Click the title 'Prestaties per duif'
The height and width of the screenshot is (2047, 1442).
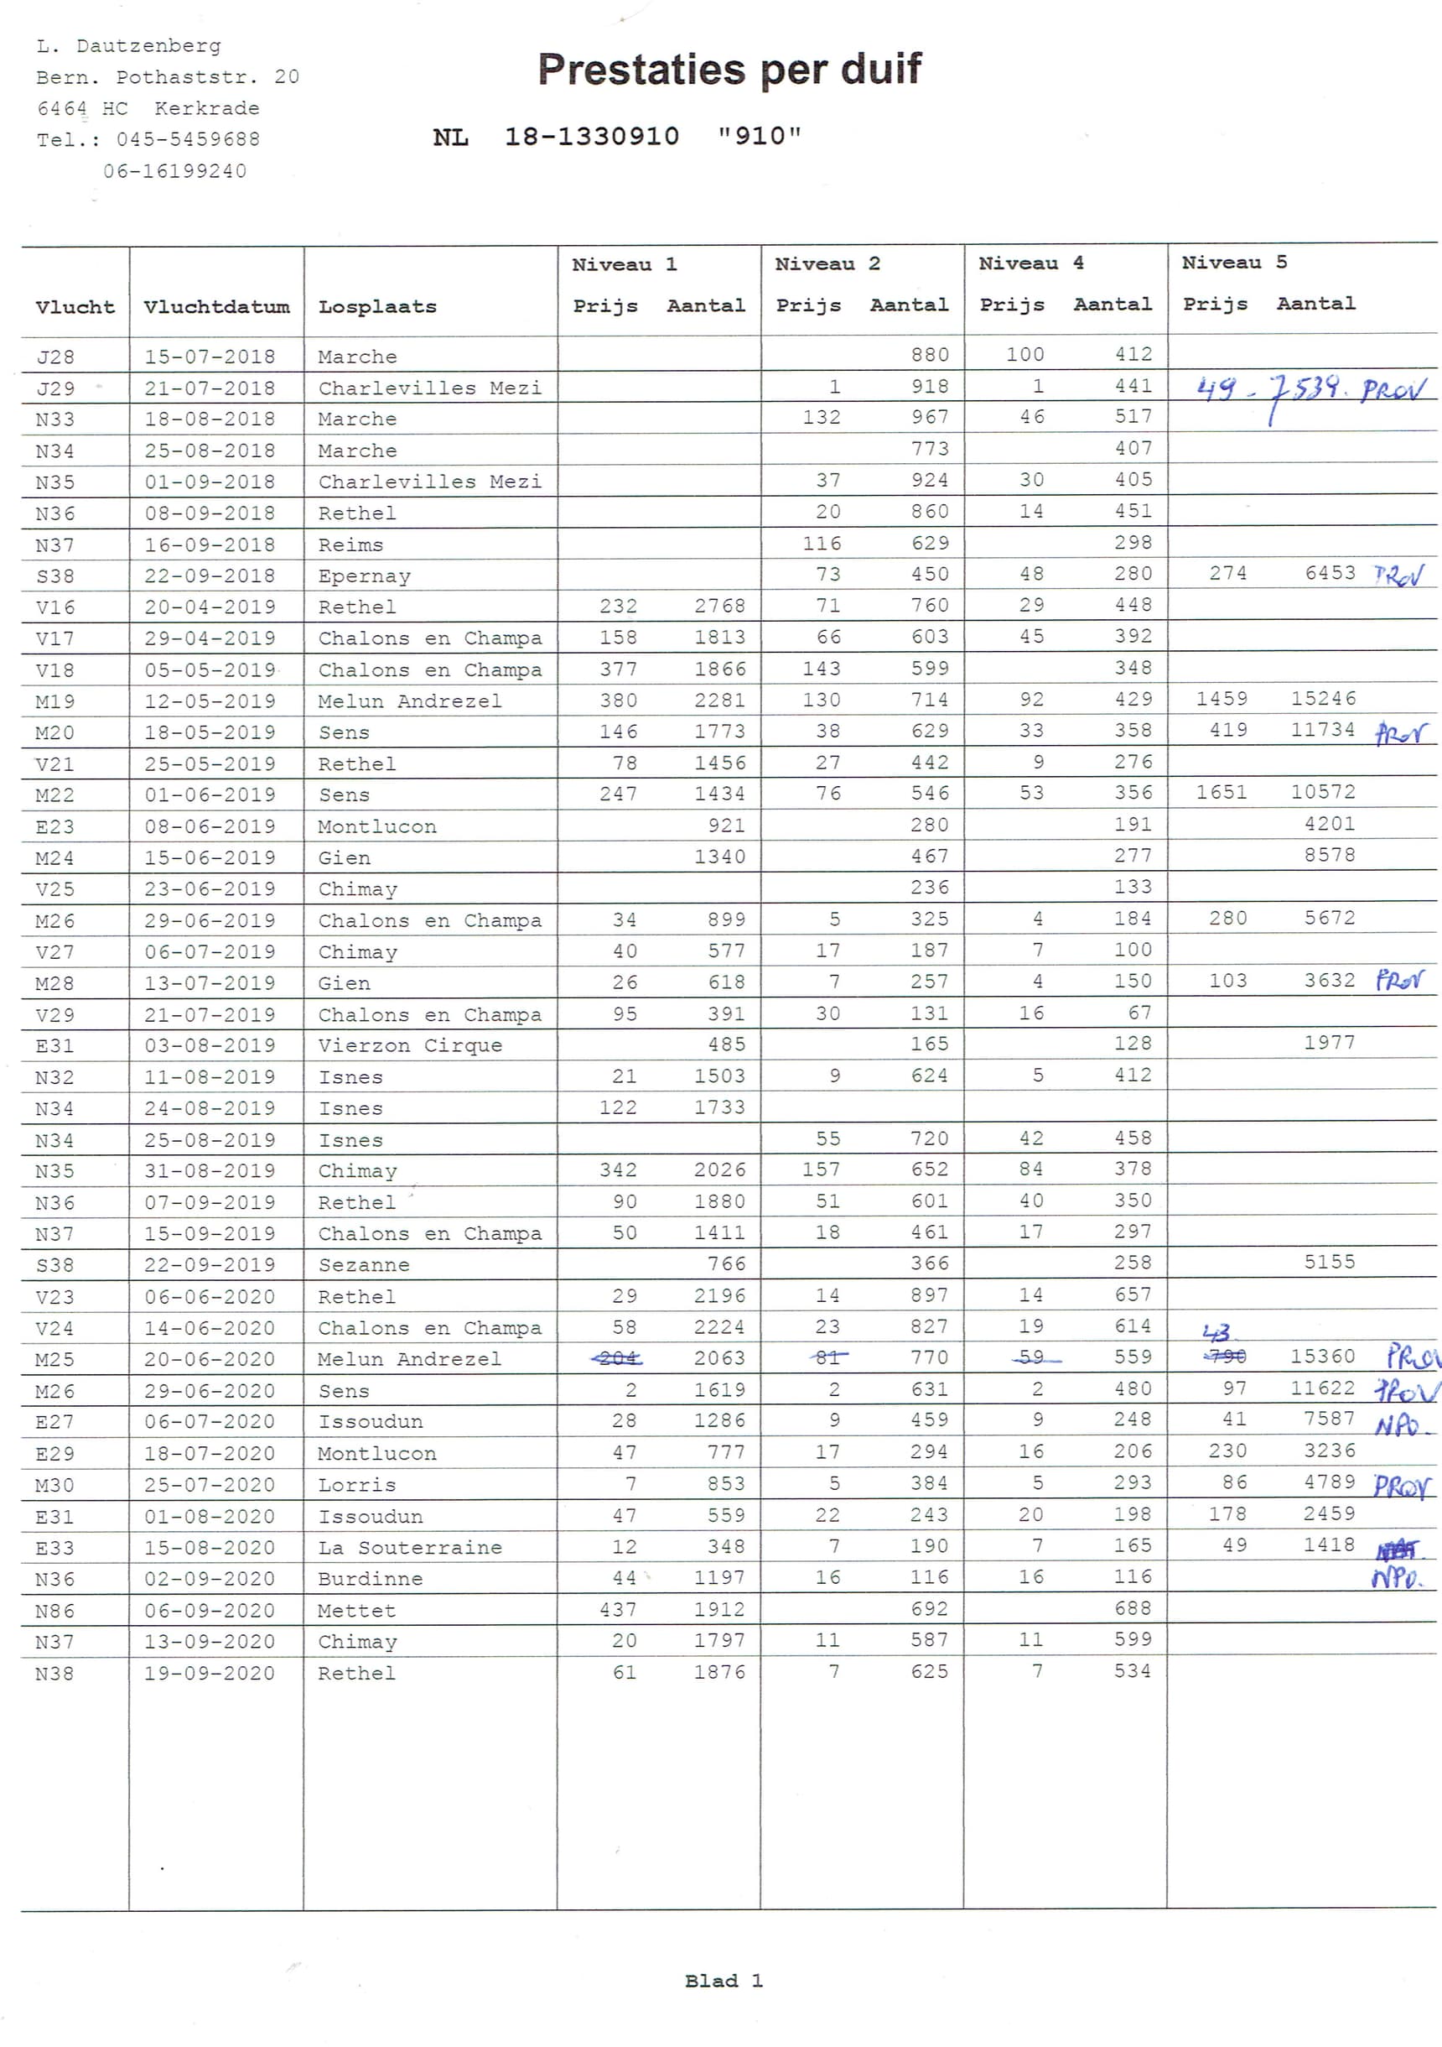(x=729, y=70)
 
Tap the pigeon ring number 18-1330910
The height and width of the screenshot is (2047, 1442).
(x=592, y=137)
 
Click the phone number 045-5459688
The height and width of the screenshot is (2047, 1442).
(x=188, y=139)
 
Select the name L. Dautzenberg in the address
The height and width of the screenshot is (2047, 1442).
(x=129, y=45)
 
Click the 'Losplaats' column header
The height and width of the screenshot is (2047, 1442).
(x=377, y=307)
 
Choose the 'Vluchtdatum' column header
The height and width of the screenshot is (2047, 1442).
(x=216, y=307)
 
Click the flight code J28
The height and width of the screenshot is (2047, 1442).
(x=55, y=357)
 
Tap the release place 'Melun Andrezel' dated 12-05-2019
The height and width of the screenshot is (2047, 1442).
(x=409, y=701)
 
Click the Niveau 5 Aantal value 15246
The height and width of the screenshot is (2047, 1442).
(x=1323, y=698)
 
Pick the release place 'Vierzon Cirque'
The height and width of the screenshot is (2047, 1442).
(x=410, y=1045)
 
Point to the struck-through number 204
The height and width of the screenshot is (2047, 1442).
(x=618, y=1358)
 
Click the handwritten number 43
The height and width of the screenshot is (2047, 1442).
(x=1216, y=1333)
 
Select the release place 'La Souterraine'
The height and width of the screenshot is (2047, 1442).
(x=410, y=1547)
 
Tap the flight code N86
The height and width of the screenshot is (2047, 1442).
(x=54, y=1610)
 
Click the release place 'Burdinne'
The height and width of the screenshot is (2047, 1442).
(x=370, y=1578)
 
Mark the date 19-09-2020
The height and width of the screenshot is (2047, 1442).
(x=210, y=1673)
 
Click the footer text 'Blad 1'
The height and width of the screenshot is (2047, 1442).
(x=723, y=1980)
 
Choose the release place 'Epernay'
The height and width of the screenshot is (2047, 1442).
(x=365, y=576)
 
